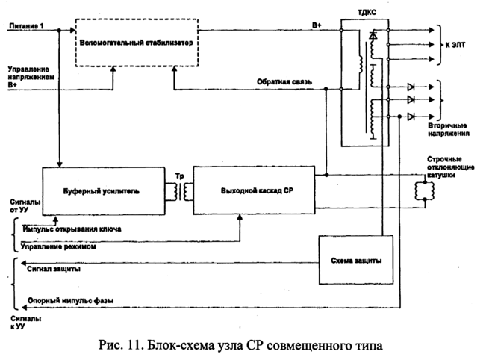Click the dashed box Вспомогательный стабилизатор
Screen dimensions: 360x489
click(x=138, y=44)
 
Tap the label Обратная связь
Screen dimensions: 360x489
click(x=278, y=80)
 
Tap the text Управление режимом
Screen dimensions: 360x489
click(x=60, y=246)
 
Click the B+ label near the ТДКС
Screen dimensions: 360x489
click(x=317, y=25)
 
